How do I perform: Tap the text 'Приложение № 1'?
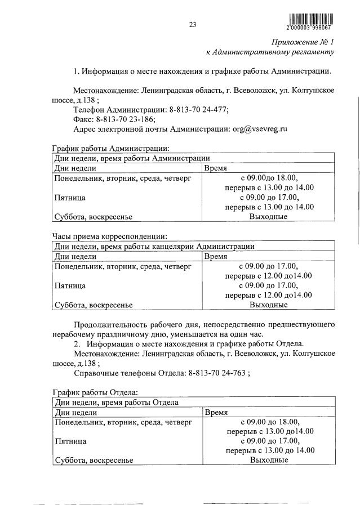[303, 42]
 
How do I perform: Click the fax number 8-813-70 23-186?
[126, 119]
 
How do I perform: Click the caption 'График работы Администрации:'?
[110, 149]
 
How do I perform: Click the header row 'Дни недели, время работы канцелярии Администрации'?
[154, 246]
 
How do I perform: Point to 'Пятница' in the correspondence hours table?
[69, 285]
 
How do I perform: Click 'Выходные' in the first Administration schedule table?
[268, 217]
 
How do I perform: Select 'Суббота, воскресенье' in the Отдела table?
[93, 460]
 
